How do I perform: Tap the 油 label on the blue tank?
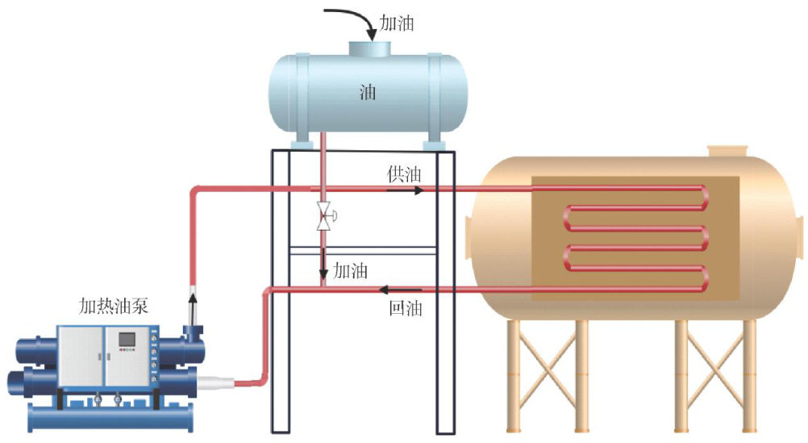367,92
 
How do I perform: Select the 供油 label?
403,174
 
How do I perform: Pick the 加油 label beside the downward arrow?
350,270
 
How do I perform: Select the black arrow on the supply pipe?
414,191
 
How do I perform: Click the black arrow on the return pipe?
394,290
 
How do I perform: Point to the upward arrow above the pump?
192,307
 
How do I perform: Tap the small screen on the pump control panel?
126,340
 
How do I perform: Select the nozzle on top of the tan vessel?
728,151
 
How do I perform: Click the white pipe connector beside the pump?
219,382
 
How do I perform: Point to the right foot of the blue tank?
432,143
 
